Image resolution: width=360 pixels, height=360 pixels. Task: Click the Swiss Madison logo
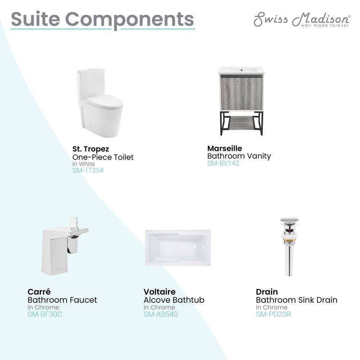coord(302,19)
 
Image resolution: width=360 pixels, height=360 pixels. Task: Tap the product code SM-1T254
coord(88,170)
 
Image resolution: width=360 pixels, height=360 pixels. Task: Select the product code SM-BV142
coord(223,163)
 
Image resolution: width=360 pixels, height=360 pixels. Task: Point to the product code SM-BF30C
coord(45,314)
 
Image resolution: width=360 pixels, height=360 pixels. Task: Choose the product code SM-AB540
coord(161,314)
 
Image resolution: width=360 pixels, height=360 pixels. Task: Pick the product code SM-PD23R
coord(273,314)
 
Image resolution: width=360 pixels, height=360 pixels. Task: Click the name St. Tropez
coord(91,149)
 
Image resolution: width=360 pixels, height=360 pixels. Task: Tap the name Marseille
coord(225,148)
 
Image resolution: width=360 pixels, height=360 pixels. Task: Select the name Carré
coord(39,292)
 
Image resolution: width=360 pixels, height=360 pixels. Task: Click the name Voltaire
coord(159,292)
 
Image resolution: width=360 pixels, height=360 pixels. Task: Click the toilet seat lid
coord(104,102)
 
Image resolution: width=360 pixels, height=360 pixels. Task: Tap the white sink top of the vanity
coord(240,70)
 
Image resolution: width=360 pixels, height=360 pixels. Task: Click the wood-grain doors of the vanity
coord(241,94)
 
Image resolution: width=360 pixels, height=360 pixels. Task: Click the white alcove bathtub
coord(178,248)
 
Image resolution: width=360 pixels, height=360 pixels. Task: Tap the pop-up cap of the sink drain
coord(289,220)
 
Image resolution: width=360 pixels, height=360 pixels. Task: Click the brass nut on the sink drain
coord(289,241)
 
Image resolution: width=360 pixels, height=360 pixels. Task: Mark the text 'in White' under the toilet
coord(84,164)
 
